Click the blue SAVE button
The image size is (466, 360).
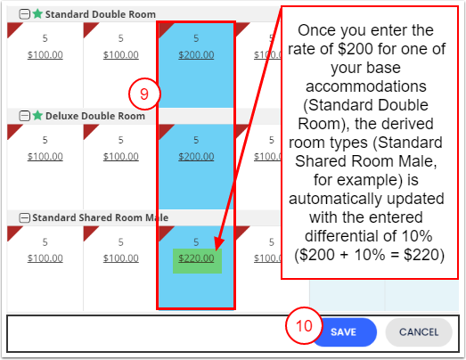[344, 332]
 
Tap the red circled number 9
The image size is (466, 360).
[144, 94]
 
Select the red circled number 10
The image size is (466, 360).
[304, 326]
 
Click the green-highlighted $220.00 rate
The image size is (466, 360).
[196, 258]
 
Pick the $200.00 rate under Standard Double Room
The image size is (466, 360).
[196, 54]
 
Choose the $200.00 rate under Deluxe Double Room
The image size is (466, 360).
[196, 156]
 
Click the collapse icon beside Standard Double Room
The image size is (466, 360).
[24, 14]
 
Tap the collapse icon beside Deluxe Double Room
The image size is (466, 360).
[24, 116]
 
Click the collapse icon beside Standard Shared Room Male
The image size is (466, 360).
[24, 217]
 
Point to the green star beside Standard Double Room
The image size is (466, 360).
[37, 13]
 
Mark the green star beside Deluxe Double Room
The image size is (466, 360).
[37, 115]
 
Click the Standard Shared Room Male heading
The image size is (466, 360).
[101, 217]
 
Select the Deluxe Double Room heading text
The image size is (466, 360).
[95, 116]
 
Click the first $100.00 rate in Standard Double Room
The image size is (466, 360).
[45, 54]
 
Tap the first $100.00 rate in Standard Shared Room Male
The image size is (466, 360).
[45, 258]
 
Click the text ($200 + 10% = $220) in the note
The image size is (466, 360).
[369, 255]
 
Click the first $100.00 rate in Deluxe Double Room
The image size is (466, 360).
[45, 156]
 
